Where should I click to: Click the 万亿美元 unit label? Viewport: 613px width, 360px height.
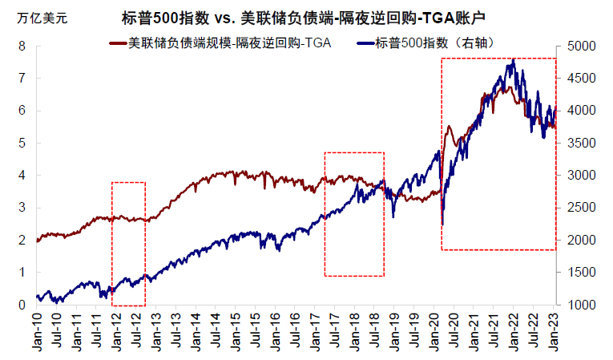[x=41, y=17]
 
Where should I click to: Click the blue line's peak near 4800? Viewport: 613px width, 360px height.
[x=511, y=59]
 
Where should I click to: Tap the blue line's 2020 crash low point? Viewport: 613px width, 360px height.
[x=442, y=224]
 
